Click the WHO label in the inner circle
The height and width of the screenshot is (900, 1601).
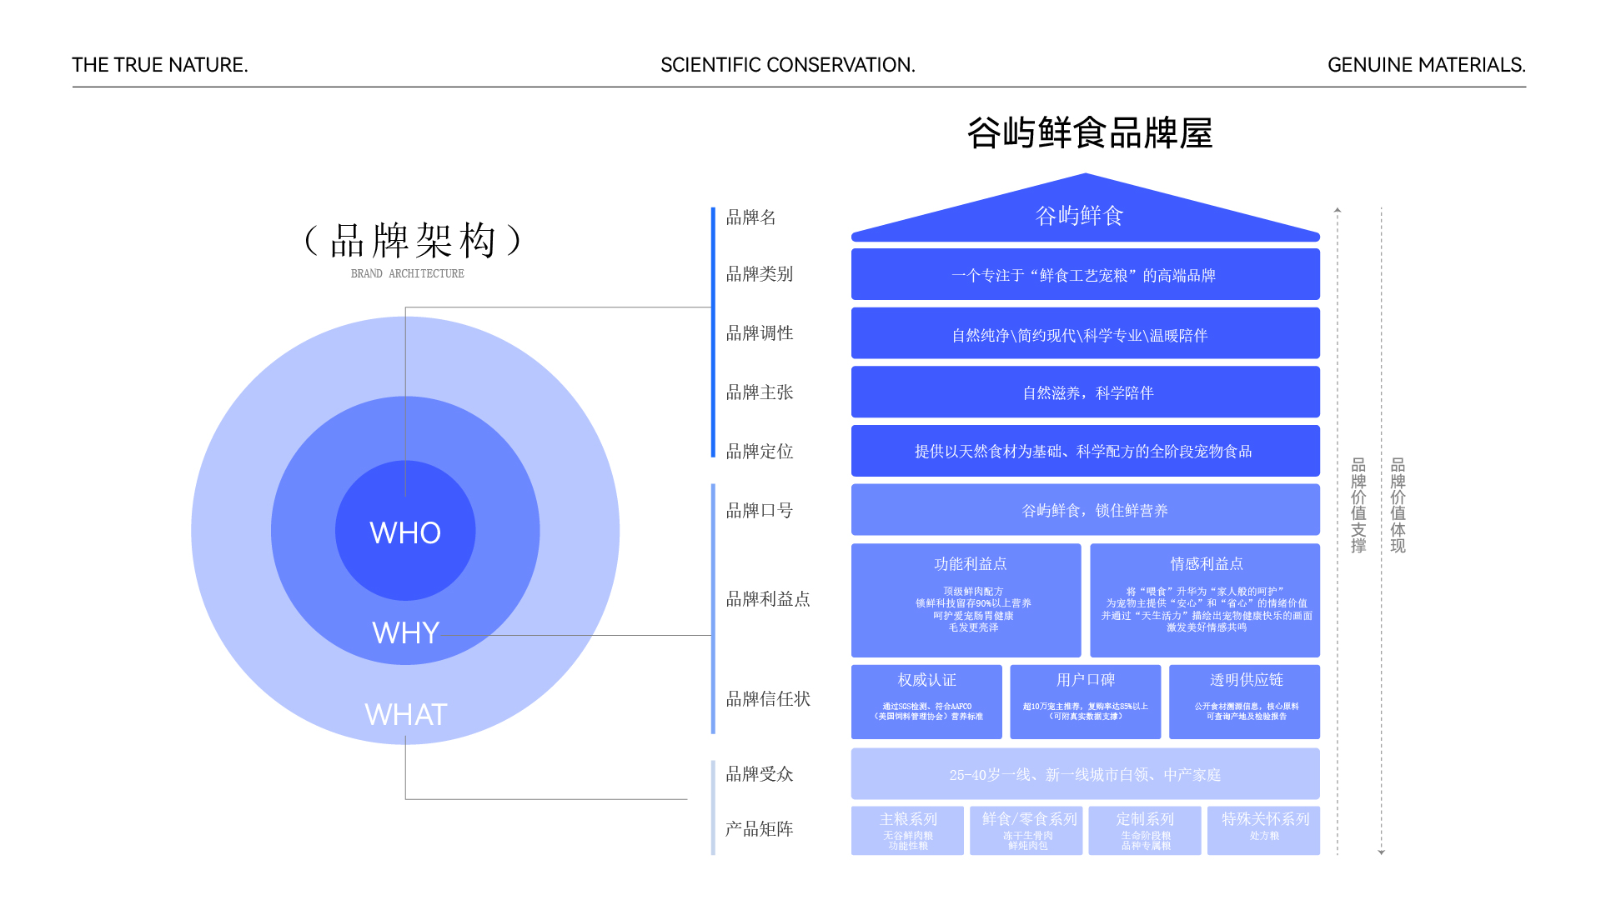(405, 532)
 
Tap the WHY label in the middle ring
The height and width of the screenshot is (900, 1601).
(405, 632)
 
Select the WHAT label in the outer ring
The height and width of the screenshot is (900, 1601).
(406, 714)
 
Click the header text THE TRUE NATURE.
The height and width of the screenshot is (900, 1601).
(160, 65)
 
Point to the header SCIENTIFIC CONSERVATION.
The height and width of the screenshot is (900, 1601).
(787, 65)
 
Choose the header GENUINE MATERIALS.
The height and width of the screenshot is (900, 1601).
(1426, 65)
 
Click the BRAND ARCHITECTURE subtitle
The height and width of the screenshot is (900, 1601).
(407, 273)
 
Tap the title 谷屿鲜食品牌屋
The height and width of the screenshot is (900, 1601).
(1089, 133)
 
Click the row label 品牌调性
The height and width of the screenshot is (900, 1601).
(759, 333)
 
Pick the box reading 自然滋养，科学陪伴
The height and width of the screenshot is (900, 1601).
(1086, 392)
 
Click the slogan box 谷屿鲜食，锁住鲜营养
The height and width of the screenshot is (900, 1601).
(1086, 510)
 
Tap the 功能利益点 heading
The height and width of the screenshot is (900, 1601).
(970, 564)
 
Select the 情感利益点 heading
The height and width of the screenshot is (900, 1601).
(1206, 564)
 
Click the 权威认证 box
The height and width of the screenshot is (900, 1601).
(926, 701)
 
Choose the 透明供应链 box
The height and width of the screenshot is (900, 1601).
(1245, 701)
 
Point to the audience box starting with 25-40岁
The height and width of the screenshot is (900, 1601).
(1085, 774)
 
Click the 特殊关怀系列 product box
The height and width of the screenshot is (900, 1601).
(1264, 829)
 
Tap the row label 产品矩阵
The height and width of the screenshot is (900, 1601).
(759, 829)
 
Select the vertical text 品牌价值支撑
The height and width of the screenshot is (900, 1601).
(1358, 505)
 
